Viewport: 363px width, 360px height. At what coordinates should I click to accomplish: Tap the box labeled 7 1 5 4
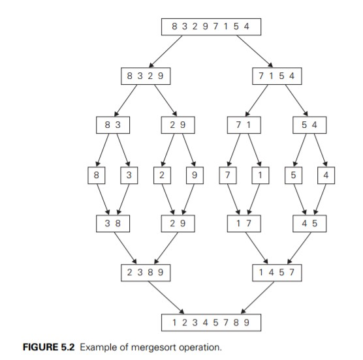coord(277,76)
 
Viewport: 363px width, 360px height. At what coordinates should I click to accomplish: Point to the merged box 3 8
coord(111,224)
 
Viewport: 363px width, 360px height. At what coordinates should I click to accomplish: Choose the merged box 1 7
coord(244,224)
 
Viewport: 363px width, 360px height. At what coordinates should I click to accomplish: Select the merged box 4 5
coord(309,224)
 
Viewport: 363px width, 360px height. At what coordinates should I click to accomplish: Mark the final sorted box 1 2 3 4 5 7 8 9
coord(210,322)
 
